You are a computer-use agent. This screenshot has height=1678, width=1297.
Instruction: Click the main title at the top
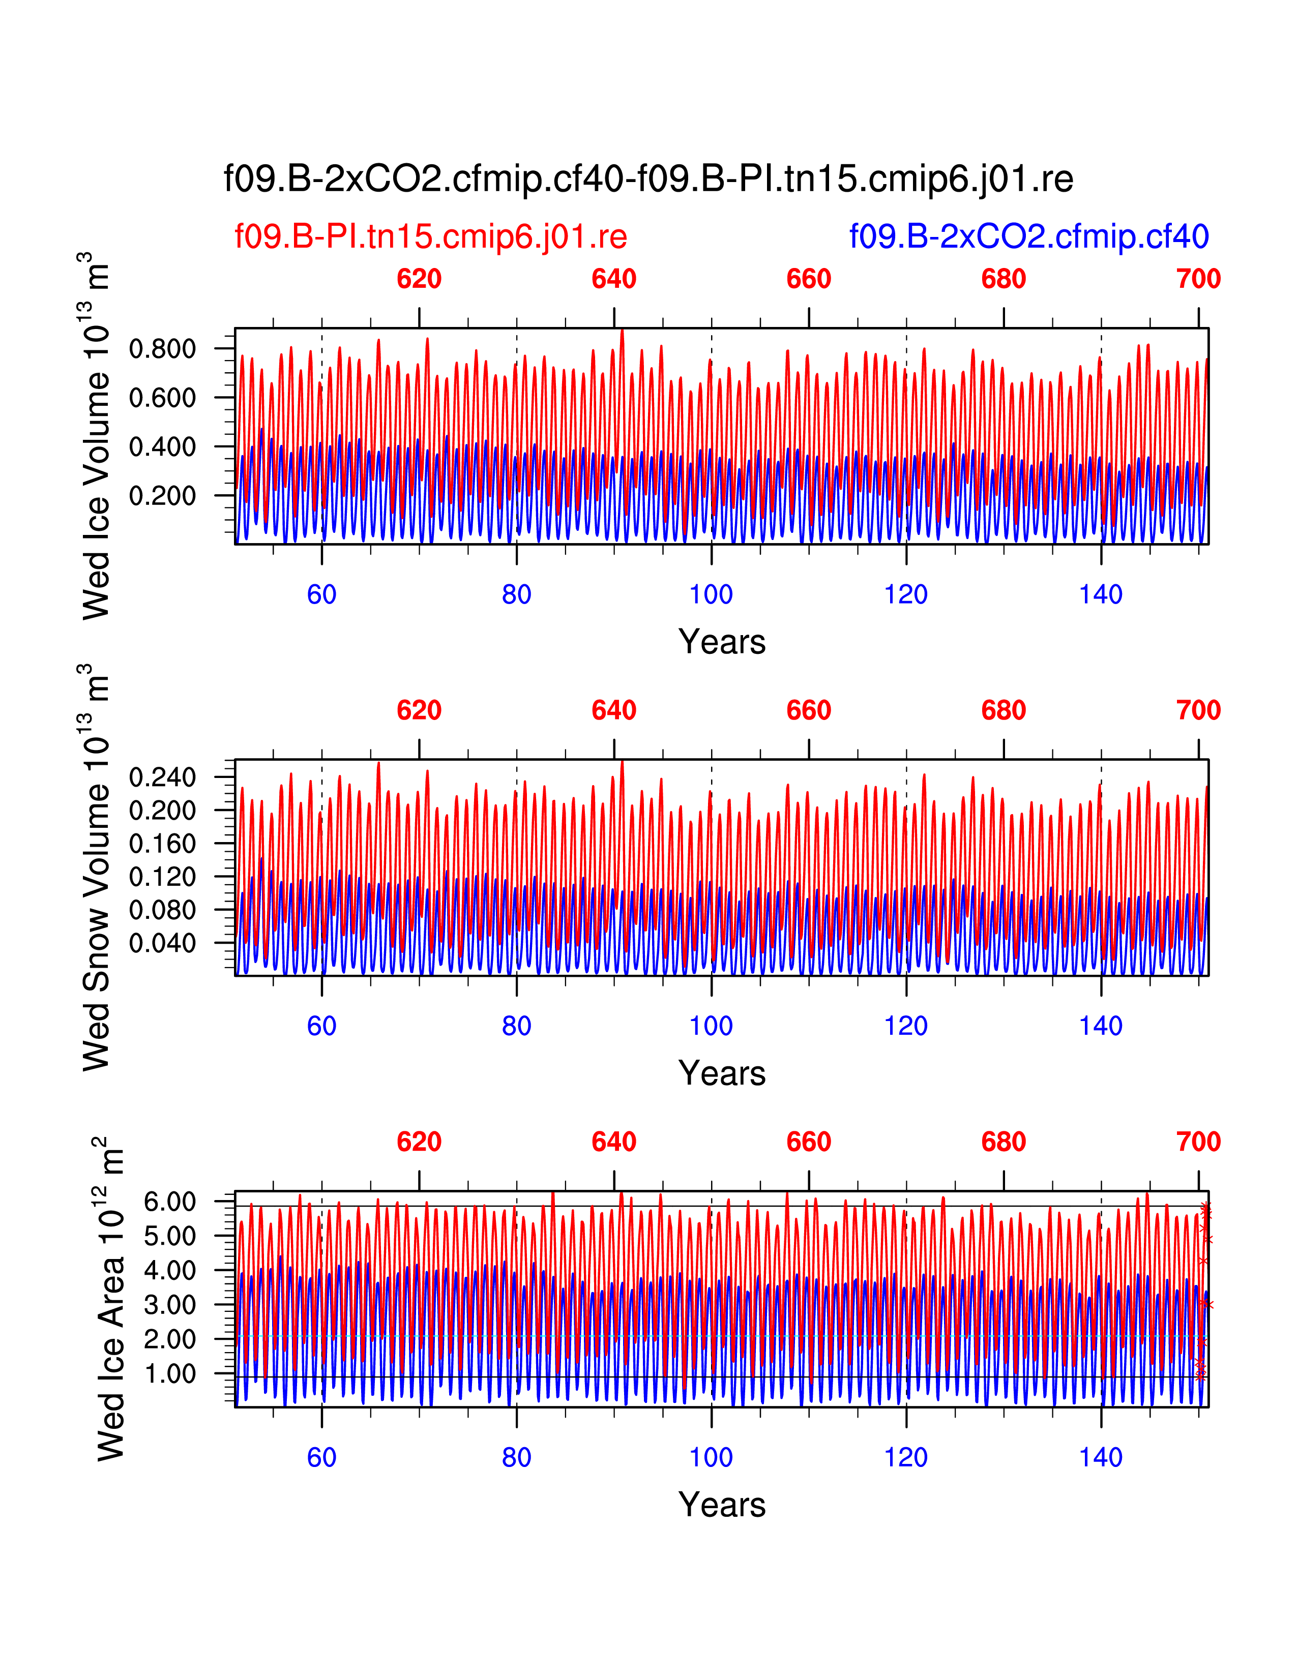[x=647, y=179]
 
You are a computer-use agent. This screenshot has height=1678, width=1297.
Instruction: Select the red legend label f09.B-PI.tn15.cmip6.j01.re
[x=430, y=236]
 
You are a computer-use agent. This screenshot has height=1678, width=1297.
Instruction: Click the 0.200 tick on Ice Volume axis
[x=162, y=496]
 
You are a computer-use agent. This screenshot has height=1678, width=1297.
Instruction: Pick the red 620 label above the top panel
[x=419, y=279]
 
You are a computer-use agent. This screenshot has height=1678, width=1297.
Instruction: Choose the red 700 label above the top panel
[x=1198, y=279]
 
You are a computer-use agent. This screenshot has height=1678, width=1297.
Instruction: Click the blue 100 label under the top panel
[x=711, y=594]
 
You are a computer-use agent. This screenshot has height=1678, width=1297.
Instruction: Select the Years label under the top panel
[x=722, y=642]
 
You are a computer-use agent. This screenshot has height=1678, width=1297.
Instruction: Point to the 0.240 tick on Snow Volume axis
[x=162, y=777]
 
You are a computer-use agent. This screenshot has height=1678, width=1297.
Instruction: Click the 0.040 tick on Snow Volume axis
[x=162, y=943]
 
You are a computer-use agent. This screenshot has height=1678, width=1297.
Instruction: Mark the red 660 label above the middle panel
[x=808, y=711]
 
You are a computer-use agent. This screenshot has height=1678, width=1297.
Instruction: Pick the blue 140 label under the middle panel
[x=1100, y=1026]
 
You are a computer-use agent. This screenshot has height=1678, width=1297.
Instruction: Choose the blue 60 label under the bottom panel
[x=321, y=1457]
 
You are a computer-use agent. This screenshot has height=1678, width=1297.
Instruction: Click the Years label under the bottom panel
[x=722, y=1505]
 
